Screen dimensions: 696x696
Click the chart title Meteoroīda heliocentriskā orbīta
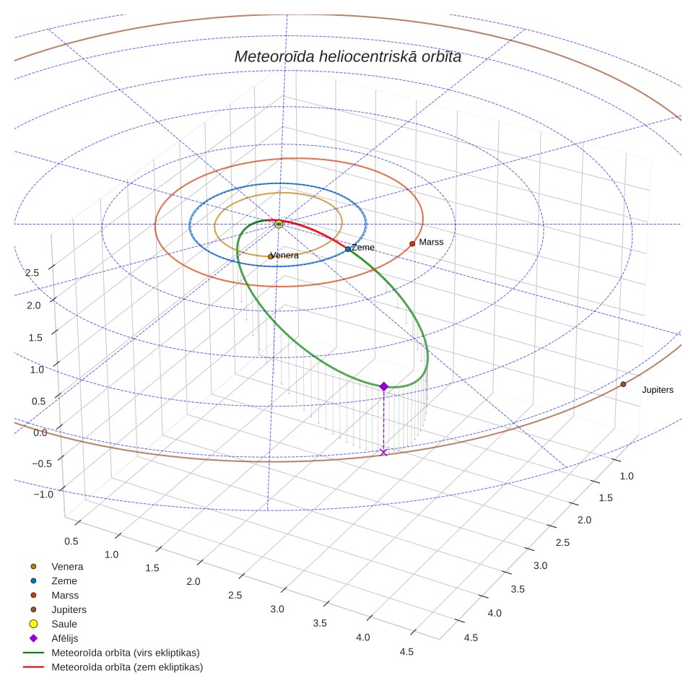347,56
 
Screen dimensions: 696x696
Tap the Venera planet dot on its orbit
270,256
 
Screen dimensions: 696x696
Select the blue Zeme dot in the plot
348,249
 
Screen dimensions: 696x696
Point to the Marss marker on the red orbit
412,244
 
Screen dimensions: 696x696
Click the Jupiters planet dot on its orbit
623,384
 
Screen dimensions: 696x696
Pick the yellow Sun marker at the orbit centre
279,224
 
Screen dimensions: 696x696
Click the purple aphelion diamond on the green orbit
384,386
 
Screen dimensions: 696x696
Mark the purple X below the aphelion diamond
384,452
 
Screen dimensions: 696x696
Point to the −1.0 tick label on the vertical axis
43,495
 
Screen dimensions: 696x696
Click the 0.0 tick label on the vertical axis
40,432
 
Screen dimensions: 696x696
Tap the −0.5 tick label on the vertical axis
42,464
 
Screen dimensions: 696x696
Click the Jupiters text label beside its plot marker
658,390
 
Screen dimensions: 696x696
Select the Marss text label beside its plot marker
431,242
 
